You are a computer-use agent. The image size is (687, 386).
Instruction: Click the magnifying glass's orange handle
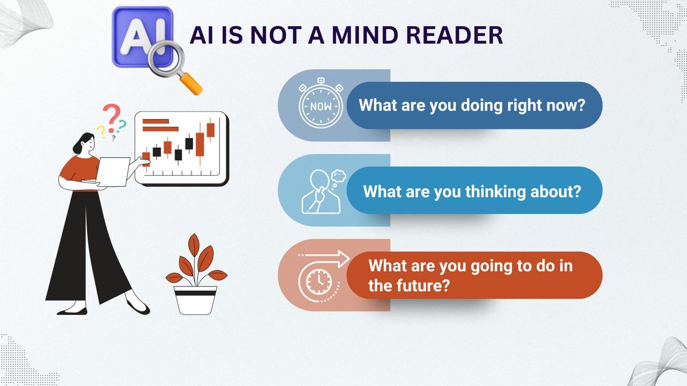point(191,84)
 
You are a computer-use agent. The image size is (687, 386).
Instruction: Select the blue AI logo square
point(143,37)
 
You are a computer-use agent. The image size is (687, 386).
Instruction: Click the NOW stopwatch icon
point(321,103)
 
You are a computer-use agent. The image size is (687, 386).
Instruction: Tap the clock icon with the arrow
point(322,276)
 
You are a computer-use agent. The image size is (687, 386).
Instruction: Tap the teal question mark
point(122,125)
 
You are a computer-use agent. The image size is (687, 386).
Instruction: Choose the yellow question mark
point(101,132)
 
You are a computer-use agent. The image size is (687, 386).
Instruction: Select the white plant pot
point(195,300)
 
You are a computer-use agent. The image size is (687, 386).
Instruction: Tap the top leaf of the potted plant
point(194,245)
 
